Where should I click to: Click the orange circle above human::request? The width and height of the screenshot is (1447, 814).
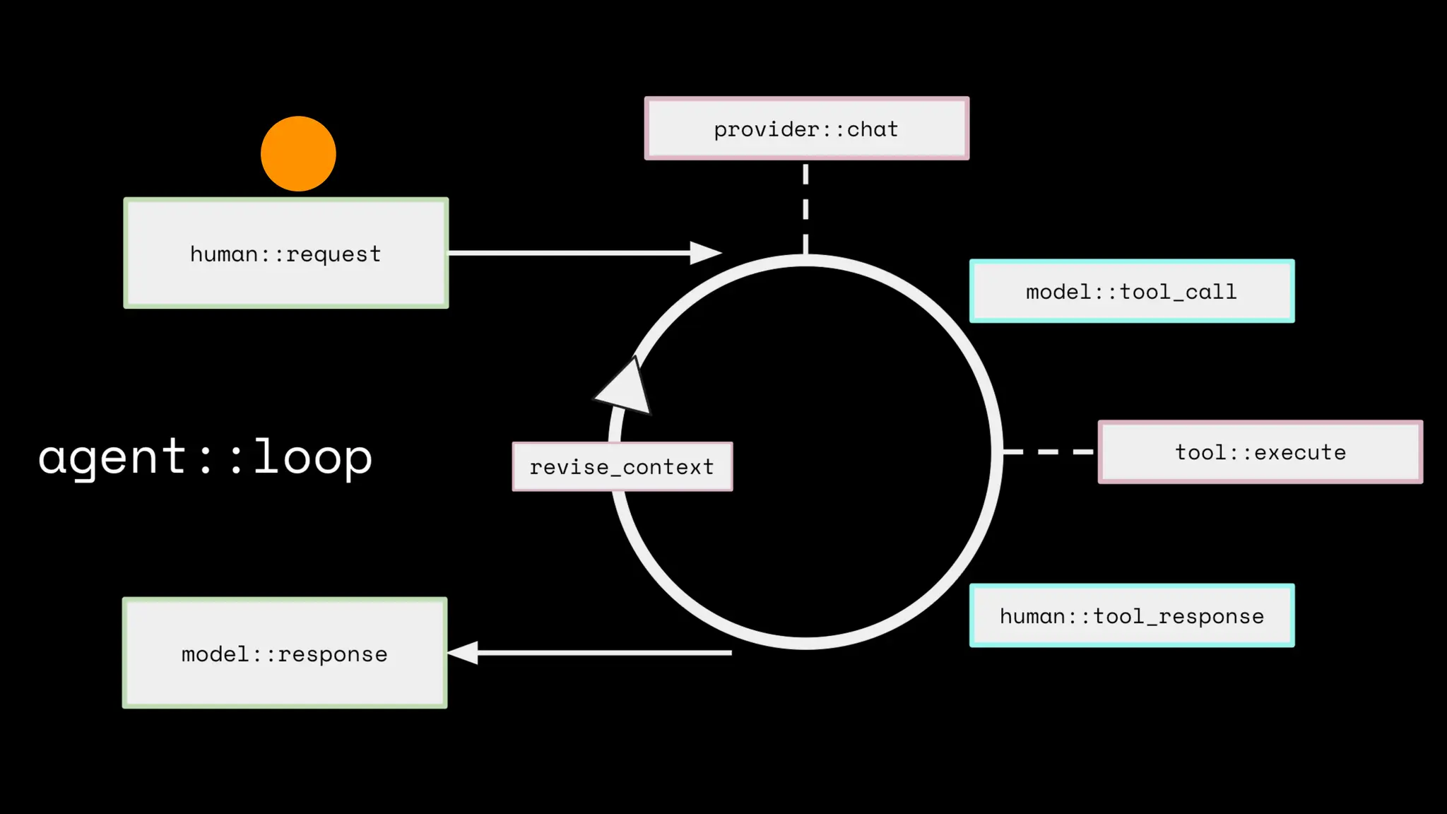pyautogui.click(x=298, y=153)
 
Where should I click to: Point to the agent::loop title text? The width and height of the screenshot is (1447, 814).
pyautogui.click(x=205, y=457)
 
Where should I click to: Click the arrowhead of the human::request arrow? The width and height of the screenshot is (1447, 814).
pyautogui.click(x=705, y=252)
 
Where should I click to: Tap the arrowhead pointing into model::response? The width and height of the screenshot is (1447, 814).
pyautogui.click(x=463, y=652)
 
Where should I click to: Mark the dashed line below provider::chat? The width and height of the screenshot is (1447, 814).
pyautogui.click(x=805, y=208)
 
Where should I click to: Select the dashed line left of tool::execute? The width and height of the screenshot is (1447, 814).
pyautogui.click(x=1049, y=451)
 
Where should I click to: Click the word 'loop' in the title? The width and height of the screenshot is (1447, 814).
pyautogui.click(x=312, y=457)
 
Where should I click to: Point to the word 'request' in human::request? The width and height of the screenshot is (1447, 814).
pyautogui.click(x=333, y=254)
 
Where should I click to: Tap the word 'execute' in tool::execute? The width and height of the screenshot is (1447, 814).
pyautogui.click(x=1300, y=452)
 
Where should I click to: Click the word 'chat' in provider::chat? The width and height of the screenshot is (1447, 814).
pyautogui.click(x=873, y=129)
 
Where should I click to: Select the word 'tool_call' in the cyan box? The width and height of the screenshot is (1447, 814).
pyautogui.click(x=1178, y=292)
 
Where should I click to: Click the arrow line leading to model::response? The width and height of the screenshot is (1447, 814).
pyautogui.click(x=604, y=652)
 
